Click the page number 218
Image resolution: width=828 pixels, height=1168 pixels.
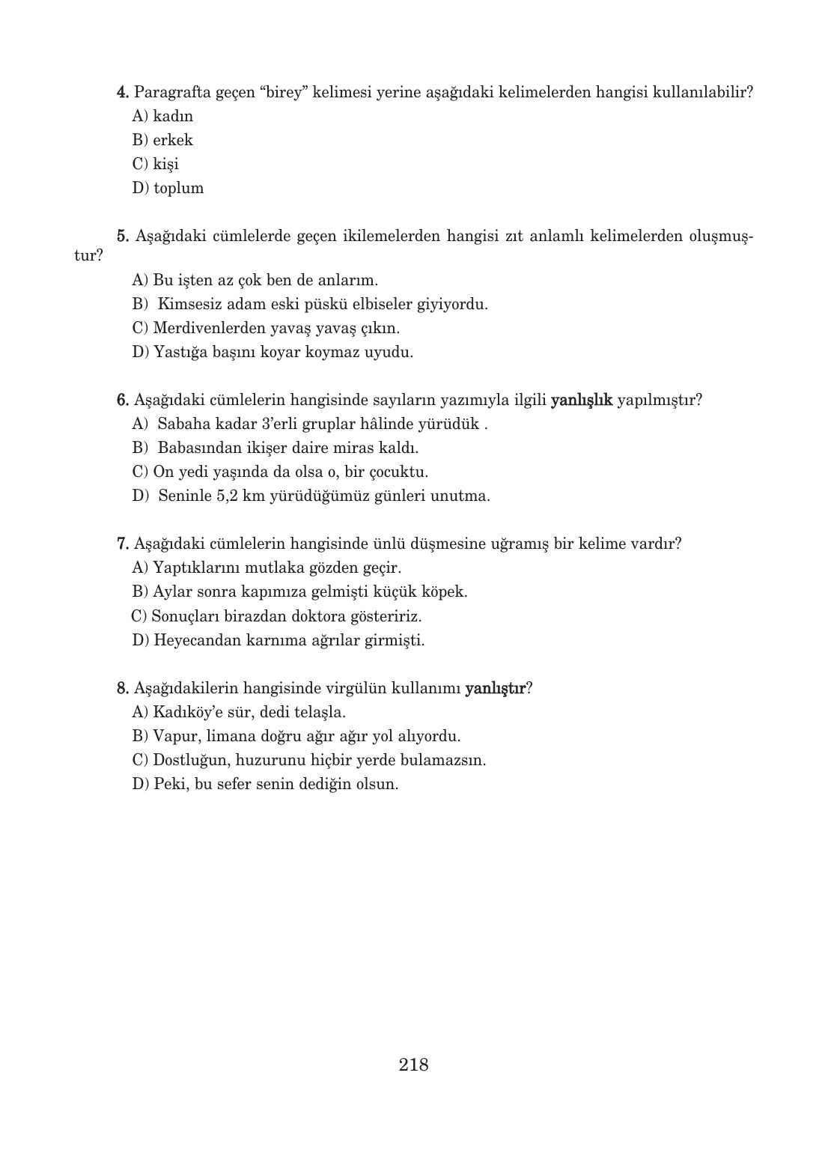tap(413, 1065)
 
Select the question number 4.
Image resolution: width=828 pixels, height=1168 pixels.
tap(124, 92)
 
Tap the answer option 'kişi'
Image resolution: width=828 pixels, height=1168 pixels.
tap(165, 164)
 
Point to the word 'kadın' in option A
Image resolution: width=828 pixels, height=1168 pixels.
tap(173, 116)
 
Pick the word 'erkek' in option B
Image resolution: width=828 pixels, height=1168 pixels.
tap(173, 140)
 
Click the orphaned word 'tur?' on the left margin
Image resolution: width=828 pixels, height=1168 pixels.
tap(88, 255)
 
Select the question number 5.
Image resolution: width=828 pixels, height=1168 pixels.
tap(124, 237)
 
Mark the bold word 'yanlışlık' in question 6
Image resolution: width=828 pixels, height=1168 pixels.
tap(582, 400)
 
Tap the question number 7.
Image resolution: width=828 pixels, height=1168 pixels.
tap(124, 544)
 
